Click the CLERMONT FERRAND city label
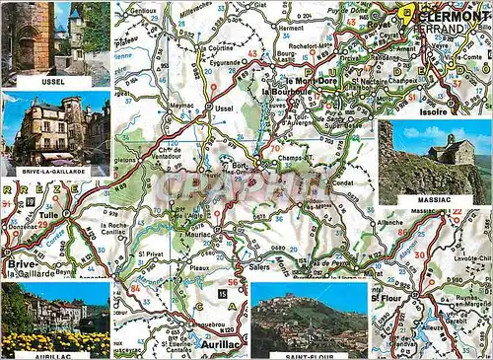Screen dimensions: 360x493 click(x=448, y=22)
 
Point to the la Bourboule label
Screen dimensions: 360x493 click(x=287, y=92)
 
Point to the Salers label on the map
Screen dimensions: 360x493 click(x=258, y=267)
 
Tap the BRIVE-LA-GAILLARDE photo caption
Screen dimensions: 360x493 click(x=55, y=171)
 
